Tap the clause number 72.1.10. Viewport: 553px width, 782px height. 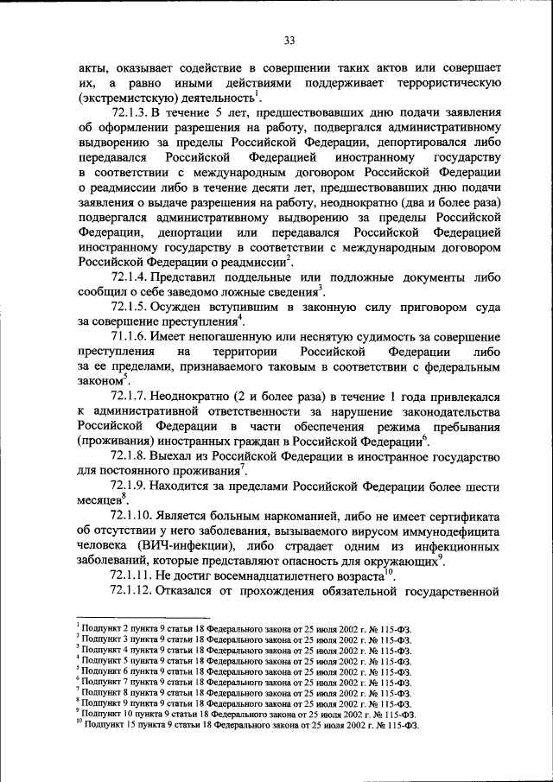coord(133,517)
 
